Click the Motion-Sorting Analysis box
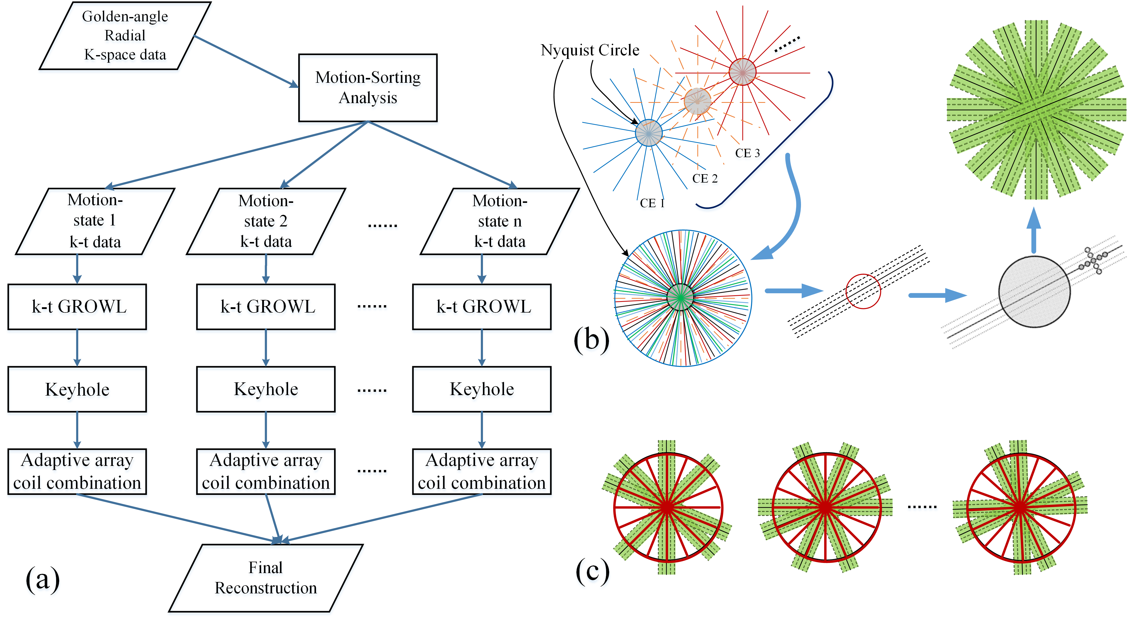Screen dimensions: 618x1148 pos(368,88)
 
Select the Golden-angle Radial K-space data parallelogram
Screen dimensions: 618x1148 pos(125,36)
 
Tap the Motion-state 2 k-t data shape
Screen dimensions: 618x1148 pos(266,221)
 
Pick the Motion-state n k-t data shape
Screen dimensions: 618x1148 pos(500,221)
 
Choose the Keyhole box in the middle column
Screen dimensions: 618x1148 pos(266,389)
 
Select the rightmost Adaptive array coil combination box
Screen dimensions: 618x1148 pos(482,471)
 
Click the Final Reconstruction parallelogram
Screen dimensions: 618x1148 pos(266,578)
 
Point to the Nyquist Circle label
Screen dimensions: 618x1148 pos(590,50)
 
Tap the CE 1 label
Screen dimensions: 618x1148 pos(652,203)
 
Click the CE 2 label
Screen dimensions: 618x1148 pos(705,179)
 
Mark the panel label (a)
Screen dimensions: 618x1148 pos(42,579)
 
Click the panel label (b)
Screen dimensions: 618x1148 pos(591,339)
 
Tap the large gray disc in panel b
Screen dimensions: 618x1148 pos(1034,292)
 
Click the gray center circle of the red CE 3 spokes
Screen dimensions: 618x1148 pos(743,72)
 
